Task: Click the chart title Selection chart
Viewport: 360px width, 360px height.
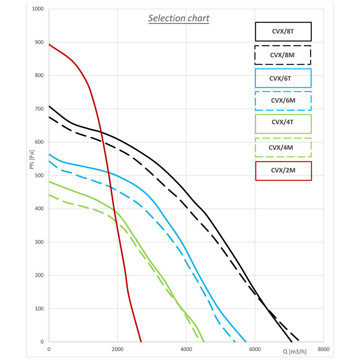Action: [179, 18]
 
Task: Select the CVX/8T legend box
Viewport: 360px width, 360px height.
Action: [283, 32]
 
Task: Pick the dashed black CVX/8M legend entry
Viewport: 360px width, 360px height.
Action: [283, 55]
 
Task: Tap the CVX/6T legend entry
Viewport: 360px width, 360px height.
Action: [283, 78]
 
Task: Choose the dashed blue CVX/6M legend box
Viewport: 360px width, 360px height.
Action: [283, 101]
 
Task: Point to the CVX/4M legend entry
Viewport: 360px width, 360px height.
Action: [283, 147]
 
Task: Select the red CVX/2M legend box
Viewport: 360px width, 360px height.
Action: [283, 171]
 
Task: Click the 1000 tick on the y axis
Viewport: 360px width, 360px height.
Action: [38, 9]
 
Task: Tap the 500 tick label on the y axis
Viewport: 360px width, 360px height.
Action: [39, 175]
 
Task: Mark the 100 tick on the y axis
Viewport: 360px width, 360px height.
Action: [39, 309]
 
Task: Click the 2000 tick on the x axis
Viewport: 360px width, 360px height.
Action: [117, 349]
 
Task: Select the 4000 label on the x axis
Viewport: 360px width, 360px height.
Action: [186, 349]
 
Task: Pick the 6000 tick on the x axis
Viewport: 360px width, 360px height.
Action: [255, 349]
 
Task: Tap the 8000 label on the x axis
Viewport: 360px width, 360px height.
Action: [323, 349]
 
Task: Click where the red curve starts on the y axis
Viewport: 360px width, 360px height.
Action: [49, 44]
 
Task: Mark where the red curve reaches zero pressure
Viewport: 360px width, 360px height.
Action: [141, 342]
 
